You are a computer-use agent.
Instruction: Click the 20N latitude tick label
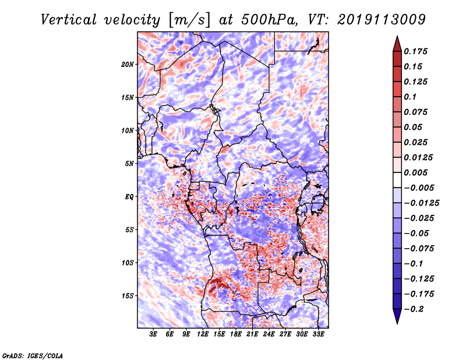128,64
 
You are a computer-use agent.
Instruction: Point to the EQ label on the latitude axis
129,197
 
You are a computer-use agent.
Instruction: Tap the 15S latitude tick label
128,296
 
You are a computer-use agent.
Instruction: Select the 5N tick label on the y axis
129,164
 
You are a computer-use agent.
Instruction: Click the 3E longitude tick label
154,334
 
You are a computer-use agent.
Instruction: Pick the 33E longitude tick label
319,334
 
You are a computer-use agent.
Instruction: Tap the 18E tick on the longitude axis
236,334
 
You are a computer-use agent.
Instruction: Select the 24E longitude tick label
269,334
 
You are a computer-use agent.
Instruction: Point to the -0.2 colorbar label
416,309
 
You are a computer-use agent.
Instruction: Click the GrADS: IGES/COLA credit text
32,355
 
